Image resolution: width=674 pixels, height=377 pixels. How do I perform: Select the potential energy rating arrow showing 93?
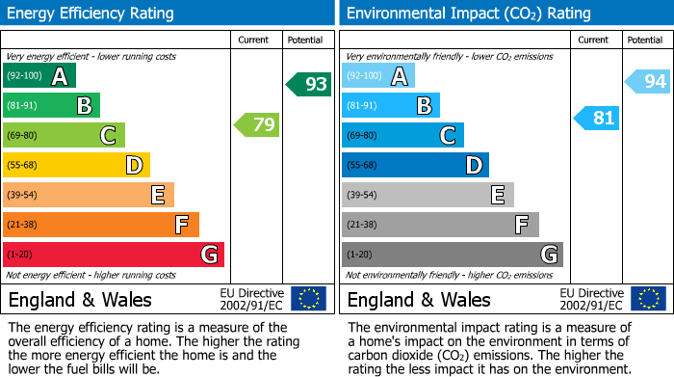tap(309, 85)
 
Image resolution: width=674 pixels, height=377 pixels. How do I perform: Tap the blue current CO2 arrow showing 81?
tap(596, 119)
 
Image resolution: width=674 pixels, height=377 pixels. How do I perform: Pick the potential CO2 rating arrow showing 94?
tap(648, 82)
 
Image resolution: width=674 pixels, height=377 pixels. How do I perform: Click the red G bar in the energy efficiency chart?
tap(114, 255)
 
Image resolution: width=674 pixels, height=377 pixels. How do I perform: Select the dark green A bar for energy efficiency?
tap(39, 76)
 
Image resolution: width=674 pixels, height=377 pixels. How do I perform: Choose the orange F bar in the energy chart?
tap(101, 225)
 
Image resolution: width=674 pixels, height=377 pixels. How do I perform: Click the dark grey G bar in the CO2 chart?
tap(453, 255)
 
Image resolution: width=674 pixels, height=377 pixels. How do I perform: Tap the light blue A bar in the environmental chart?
tap(378, 76)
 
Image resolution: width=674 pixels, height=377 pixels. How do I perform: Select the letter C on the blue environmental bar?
tap(447, 136)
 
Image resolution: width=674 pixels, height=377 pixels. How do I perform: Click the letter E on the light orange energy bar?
tap(157, 196)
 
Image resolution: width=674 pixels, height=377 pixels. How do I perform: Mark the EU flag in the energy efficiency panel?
tap(308, 299)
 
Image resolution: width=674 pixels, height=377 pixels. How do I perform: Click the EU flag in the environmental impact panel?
tap(648, 299)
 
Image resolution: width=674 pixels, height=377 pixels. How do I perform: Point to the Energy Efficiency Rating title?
tap(91, 13)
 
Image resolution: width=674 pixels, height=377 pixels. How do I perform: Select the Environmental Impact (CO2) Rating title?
tap(454, 13)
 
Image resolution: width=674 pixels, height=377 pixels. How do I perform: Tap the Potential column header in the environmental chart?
tap(645, 40)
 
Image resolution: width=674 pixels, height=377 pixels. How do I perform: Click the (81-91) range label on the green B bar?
tap(23, 106)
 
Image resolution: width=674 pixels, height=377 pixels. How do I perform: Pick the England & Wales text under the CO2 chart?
tap(419, 299)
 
